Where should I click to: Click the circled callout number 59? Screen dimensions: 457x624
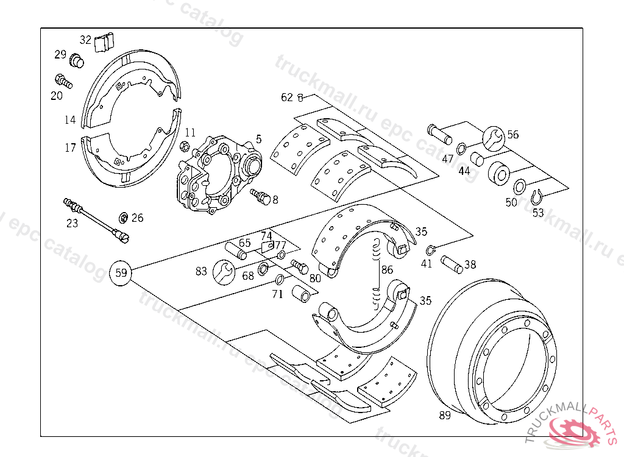click(121, 272)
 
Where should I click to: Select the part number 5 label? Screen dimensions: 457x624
click(258, 139)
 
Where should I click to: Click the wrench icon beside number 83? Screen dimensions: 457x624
click(224, 271)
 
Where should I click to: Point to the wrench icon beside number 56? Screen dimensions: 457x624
click(494, 139)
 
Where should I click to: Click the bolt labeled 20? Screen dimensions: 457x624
click(63, 80)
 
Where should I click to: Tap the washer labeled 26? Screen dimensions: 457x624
click(123, 218)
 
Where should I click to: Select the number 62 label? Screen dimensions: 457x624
click(287, 97)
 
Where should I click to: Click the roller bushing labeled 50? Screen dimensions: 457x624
click(520, 186)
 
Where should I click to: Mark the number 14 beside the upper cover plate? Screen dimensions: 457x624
click(70, 120)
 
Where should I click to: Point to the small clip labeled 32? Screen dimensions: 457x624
click(105, 43)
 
